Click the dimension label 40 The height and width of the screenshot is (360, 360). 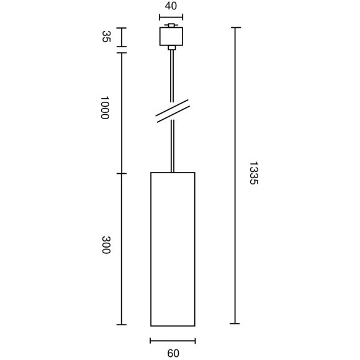171,6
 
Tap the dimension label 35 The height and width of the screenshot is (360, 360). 106,37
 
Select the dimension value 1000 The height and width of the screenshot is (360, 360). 105,107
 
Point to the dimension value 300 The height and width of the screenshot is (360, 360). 106,245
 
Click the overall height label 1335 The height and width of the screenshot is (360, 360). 254,173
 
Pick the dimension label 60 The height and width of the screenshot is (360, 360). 173,353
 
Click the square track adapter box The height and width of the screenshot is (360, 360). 171,36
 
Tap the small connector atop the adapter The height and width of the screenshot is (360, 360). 171,25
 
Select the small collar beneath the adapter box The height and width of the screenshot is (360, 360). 172,48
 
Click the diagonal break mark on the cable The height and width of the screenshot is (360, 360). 173,111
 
